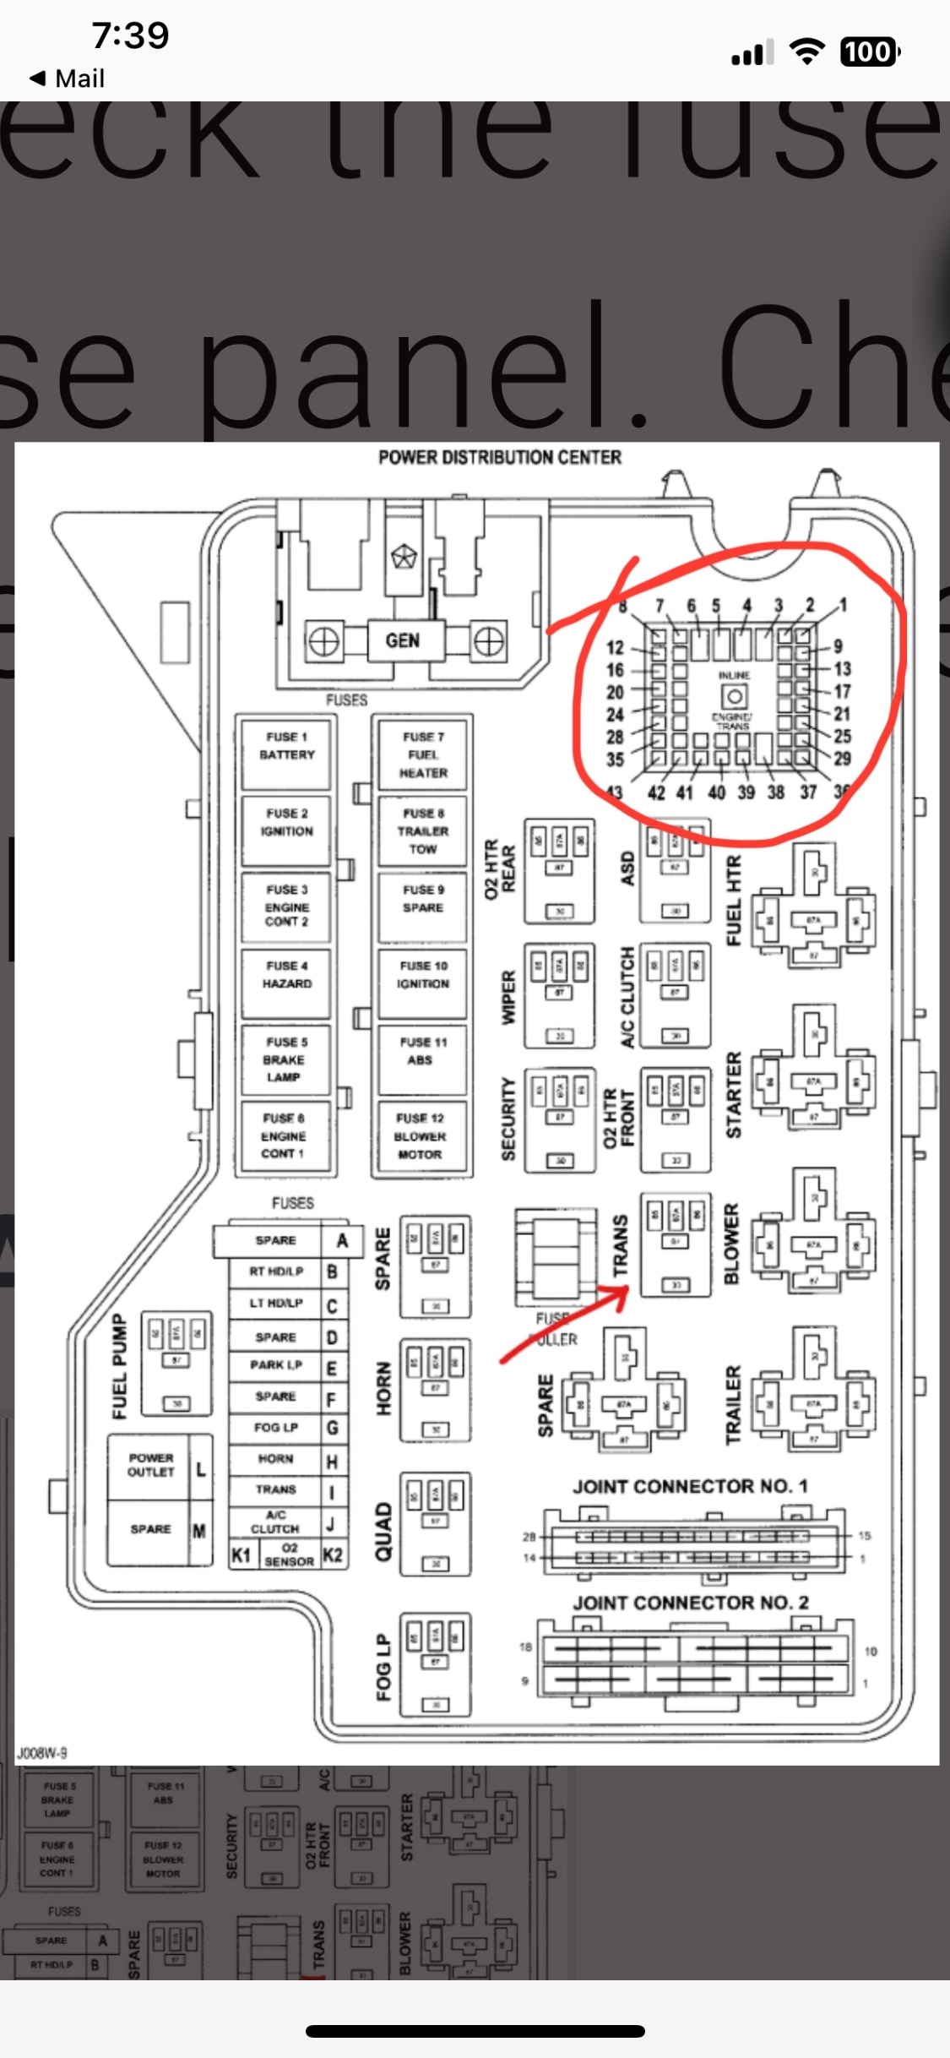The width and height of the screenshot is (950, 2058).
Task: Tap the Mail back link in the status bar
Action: point(68,79)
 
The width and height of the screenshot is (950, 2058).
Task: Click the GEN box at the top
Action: point(402,641)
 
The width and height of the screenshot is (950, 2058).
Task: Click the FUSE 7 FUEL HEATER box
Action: point(423,754)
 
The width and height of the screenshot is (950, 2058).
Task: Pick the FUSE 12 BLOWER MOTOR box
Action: point(420,1136)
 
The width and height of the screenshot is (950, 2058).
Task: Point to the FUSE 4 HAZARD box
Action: point(287,976)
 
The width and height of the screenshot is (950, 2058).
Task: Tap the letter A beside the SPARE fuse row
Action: point(342,1240)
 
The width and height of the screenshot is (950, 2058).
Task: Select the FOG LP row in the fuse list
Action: point(276,1428)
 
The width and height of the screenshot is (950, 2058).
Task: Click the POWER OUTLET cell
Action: point(151,1465)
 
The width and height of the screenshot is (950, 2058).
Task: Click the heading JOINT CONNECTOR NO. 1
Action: point(690,1486)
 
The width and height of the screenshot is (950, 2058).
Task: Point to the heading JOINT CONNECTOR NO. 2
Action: point(690,1603)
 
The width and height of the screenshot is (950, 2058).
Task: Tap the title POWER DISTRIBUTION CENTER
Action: point(499,457)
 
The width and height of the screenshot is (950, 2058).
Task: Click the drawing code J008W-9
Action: point(42,1753)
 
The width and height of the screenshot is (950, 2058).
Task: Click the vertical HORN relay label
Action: point(383,1388)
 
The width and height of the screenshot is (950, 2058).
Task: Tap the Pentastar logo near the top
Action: point(404,557)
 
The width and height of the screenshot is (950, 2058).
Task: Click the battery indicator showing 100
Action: point(870,52)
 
